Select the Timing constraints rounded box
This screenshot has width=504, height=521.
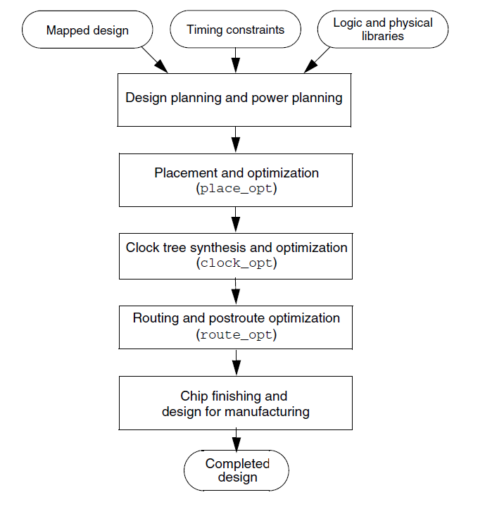tap(235, 30)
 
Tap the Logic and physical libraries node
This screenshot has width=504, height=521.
tap(382, 30)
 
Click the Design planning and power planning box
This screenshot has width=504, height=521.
tap(234, 98)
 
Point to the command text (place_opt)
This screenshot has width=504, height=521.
tap(234, 189)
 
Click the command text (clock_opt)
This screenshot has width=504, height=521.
tap(234, 263)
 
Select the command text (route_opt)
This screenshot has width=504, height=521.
tap(236, 334)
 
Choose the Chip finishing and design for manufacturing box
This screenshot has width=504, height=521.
tap(235, 403)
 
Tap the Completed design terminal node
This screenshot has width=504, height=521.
tap(237, 470)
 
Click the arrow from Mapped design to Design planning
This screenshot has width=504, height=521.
tap(155, 60)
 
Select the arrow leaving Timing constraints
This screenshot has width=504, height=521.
tap(235, 60)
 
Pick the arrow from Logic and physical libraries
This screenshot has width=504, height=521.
tap(317, 60)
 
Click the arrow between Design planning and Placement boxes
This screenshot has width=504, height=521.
tap(236, 140)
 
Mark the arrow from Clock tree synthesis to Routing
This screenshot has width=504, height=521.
tap(236, 291)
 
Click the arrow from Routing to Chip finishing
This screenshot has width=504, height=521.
tap(236, 362)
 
